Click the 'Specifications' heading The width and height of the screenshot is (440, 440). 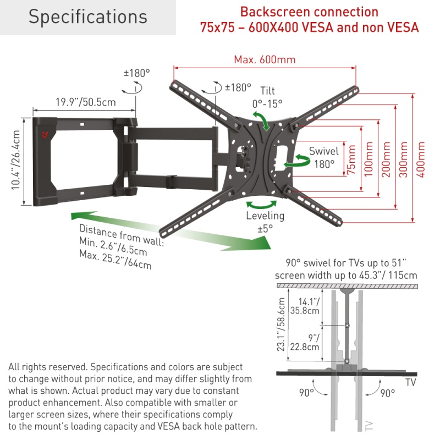pos(88,17)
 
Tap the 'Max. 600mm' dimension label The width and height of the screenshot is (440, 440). pos(265,60)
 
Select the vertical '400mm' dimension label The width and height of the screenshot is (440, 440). pos(421,159)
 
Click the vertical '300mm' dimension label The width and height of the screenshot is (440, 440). pos(404,159)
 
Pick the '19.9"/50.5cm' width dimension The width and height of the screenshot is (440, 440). pos(85,102)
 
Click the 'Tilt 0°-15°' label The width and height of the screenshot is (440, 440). pos(267,97)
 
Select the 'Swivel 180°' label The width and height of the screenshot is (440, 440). pos(323,157)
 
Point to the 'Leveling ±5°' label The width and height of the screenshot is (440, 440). pos(265,222)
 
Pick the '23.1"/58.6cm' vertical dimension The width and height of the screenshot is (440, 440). pos(282,324)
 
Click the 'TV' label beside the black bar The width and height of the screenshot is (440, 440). pos(410,382)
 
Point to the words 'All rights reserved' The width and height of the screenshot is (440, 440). pos(47,367)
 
